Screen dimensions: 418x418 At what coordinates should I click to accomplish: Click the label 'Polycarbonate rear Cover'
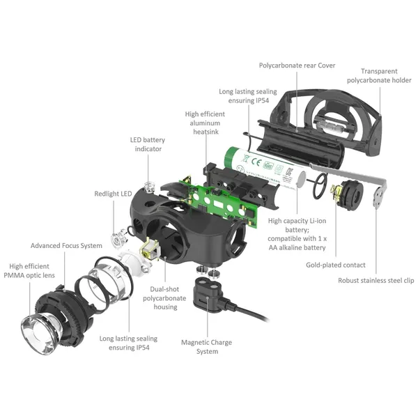[x=297, y=65]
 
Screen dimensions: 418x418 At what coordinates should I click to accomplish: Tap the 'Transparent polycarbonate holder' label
[x=379, y=76]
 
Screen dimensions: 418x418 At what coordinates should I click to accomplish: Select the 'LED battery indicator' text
[x=148, y=144]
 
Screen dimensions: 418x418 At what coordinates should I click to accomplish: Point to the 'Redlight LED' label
[x=113, y=194]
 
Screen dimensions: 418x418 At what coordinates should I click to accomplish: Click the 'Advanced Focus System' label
[x=66, y=245]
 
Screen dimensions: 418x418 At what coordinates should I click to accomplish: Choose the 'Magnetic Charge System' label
[x=207, y=347]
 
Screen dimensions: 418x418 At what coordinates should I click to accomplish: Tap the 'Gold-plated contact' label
[x=336, y=265]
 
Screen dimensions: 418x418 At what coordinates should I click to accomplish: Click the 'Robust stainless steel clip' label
[x=376, y=281]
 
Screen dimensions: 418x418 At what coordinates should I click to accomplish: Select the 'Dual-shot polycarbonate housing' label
[x=164, y=298]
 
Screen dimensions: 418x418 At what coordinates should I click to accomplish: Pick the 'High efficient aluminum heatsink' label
[x=205, y=123]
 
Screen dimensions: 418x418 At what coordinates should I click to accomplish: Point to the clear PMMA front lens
[x=41, y=334]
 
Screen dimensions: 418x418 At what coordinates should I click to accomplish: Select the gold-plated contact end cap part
[x=347, y=194]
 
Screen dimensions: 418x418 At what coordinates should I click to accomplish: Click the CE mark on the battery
[x=256, y=162]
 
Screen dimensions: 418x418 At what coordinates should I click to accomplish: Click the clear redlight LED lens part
[x=119, y=238]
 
